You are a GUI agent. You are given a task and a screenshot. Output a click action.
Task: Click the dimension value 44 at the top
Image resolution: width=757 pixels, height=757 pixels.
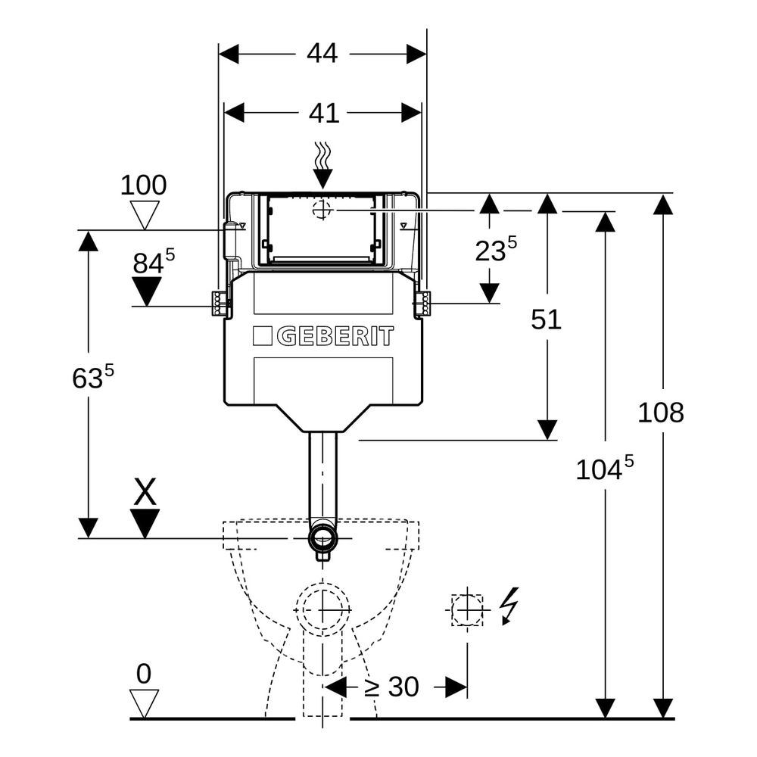click(x=322, y=53)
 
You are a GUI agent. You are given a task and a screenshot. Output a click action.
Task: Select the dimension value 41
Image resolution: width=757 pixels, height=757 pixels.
click(x=324, y=114)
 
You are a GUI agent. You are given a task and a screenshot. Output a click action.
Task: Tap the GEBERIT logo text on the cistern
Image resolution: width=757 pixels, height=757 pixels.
click(x=335, y=337)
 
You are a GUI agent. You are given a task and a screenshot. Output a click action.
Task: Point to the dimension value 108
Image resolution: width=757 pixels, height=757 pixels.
click(x=660, y=413)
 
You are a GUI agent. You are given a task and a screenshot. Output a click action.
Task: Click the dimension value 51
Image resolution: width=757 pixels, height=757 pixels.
click(x=546, y=319)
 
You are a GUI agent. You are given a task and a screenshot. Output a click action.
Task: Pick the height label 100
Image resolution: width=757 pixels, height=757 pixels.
click(x=143, y=185)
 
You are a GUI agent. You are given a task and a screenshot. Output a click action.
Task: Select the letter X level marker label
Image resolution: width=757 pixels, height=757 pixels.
click(x=145, y=492)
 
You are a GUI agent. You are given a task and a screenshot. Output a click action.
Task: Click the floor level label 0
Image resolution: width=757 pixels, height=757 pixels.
click(x=144, y=674)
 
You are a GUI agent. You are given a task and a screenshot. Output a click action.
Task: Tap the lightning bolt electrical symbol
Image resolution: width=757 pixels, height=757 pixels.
click(x=509, y=606)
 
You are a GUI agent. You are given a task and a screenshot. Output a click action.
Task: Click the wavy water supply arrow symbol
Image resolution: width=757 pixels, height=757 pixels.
click(x=322, y=165)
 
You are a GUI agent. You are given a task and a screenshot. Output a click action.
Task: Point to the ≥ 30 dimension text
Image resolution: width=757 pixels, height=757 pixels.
click(x=391, y=686)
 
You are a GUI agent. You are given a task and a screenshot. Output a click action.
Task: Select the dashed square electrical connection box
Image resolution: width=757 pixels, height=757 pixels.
click(x=467, y=610)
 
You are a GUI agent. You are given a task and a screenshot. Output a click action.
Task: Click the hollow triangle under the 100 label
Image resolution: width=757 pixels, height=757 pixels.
click(x=145, y=216)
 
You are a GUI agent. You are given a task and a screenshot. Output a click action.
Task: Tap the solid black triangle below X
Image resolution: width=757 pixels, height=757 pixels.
click(x=145, y=523)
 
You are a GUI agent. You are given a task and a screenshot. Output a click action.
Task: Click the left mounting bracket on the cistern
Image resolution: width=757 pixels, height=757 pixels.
click(x=220, y=304)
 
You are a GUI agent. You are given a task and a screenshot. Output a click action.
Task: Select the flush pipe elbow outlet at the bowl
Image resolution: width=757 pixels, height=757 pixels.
click(x=323, y=539)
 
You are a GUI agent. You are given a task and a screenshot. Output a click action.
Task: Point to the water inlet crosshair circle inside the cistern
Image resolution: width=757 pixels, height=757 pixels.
click(x=322, y=210)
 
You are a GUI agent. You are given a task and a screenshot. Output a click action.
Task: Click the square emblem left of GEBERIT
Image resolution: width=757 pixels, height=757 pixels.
click(x=263, y=336)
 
